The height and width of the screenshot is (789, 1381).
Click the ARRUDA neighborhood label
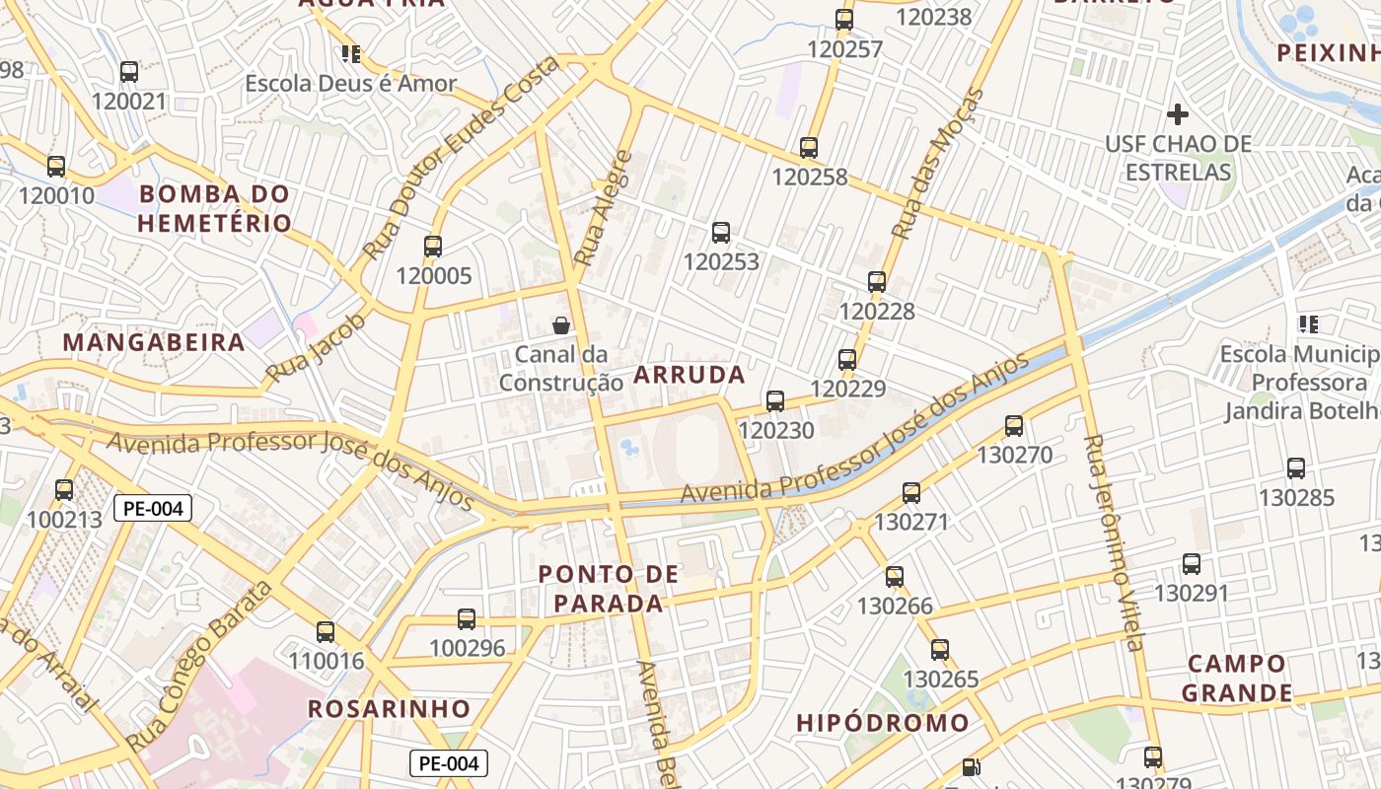(x=689, y=375)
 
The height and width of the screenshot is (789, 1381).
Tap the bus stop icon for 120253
(x=721, y=234)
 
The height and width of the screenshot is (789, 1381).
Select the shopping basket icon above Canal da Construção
(x=561, y=325)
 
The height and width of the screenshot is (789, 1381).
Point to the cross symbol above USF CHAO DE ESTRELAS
(x=1177, y=114)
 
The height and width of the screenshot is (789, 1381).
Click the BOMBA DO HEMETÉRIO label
(x=214, y=208)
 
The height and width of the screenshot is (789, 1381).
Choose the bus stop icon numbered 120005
(x=433, y=247)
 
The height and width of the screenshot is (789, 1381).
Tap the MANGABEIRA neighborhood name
(x=154, y=342)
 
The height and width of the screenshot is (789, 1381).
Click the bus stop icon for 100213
(x=64, y=489)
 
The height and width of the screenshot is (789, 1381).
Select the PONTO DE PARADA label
(x=609, y=588)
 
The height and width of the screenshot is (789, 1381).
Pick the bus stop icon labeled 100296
(x=467, y=619)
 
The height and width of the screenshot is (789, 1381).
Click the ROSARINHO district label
(x=389, y=708)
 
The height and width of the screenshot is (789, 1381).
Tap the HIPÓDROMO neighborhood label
(x=883, y=723)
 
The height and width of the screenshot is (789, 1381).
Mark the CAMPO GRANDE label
(x=1236, y=678)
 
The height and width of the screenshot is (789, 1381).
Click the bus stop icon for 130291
(x=1192, y=564)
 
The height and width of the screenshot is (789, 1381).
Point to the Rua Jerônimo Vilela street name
(x=1112, y=542)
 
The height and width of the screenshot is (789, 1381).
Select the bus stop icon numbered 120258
(x=809, y=148)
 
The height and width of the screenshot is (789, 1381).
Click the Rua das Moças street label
(x=938, y=164)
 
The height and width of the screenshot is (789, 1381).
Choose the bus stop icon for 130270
(x=1014, y=426)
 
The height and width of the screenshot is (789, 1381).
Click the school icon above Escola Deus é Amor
(x=350, y=53)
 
